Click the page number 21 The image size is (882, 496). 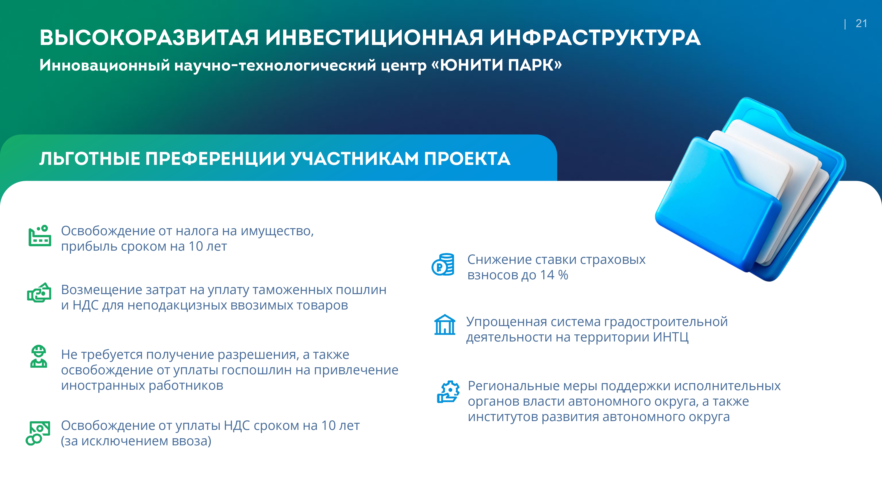(x=861, y=24)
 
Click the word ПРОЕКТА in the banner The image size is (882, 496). (x=467, y=159)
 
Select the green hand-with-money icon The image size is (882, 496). (x=39, y=293)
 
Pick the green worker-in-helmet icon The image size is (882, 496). (x=39, y=356)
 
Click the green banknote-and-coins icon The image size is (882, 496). (x=38, y=433)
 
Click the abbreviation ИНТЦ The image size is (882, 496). (x=671, y=337)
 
